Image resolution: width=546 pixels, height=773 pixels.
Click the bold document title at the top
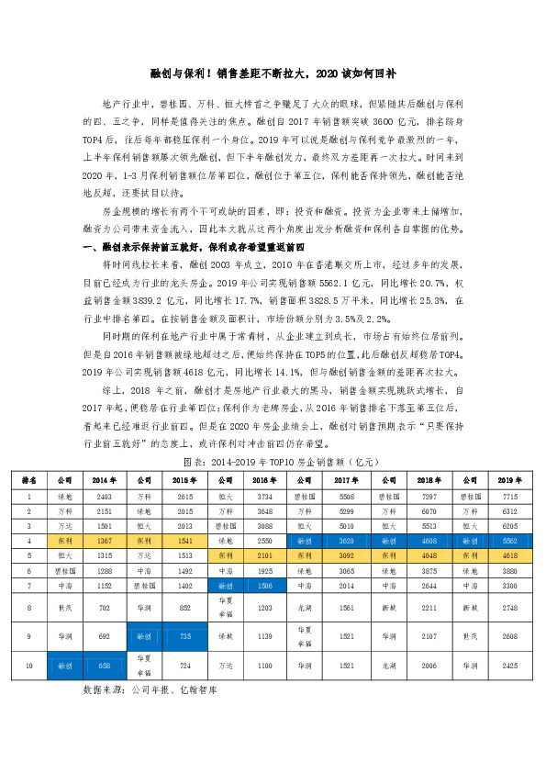pos(273,73)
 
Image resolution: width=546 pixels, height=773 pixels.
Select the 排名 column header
pos(29,479)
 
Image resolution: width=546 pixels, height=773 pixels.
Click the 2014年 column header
pos(106,479)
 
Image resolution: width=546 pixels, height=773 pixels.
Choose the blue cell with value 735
pos(185,634)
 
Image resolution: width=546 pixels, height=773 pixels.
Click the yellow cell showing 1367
pos(106,541)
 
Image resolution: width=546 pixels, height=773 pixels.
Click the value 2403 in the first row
pos(106,496)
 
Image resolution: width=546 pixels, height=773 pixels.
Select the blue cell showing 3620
pos(346,541)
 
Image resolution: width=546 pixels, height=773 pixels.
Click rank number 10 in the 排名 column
pos(29,664)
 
